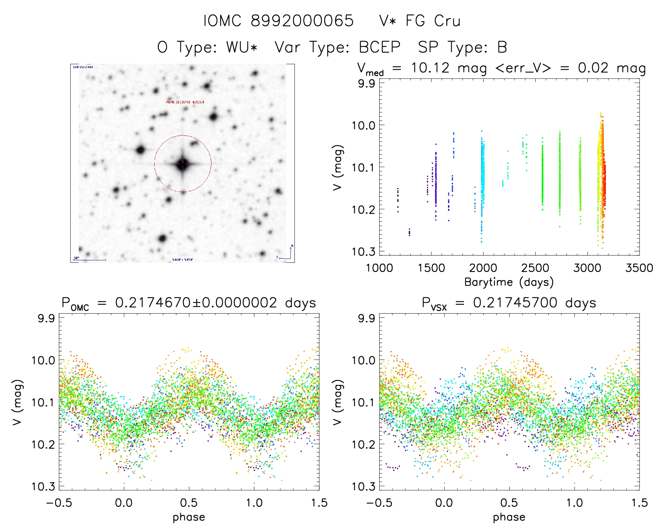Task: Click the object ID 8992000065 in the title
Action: (x=302, y=21)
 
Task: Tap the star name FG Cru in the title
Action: (x=433, y=21)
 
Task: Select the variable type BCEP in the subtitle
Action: (x=380, y=47)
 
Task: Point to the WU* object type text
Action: (x=242, y=47)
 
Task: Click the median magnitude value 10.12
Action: (x=430, y=68)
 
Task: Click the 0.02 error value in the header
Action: (x=593, y=68)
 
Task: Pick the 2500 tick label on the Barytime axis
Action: (x=535, y=268)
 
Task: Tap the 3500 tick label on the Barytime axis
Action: (x=639, y=268)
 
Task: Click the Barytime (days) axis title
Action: (x=509, y=282)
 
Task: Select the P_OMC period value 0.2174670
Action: (x=153, y=303)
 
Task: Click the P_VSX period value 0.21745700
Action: (x=515, y=303)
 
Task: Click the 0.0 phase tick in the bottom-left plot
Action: (x=124, y=503)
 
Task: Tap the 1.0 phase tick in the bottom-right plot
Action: (x=574, y=503)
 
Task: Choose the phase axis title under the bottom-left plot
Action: (x=189, y=517)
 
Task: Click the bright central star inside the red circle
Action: (x=182, y=164)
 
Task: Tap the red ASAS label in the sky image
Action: (x=185, y=102)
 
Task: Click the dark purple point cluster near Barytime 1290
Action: (x=409, y=232)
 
